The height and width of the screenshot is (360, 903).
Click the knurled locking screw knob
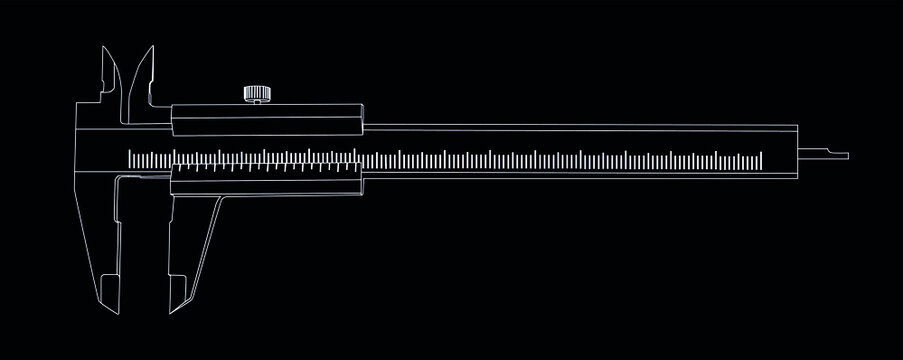[256, 95]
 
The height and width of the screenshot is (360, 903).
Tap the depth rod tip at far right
[846, 155]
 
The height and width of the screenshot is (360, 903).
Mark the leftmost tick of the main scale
[131, 157]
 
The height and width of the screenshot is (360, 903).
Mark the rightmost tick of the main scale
[761, 157]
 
